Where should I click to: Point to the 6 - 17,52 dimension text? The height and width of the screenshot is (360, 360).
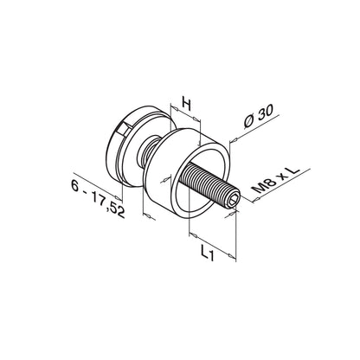point(97,198)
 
